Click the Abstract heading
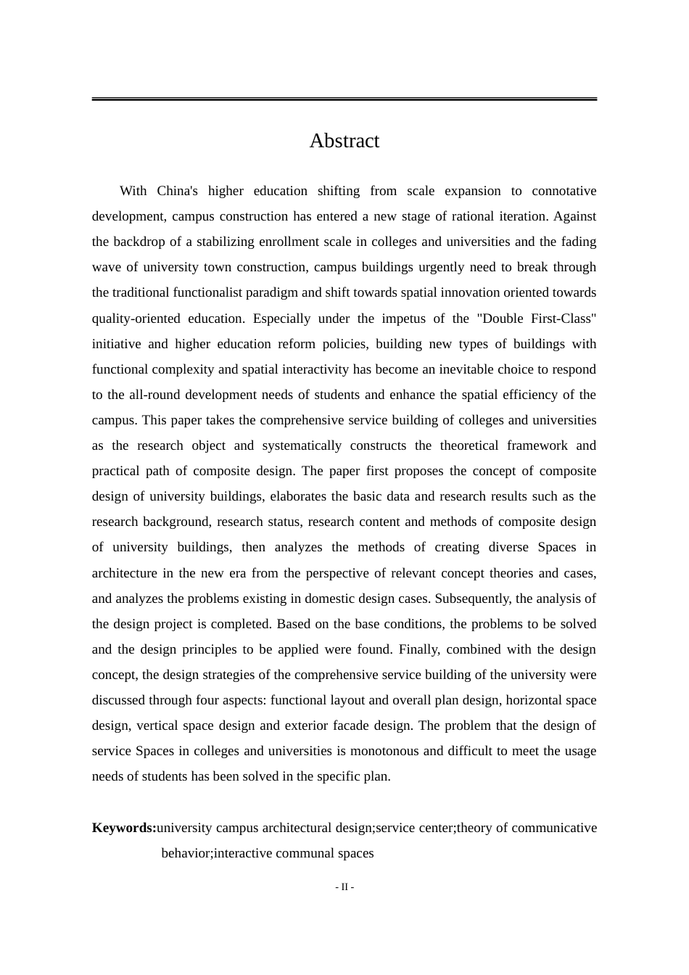(x=344, y=141)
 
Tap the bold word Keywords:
(x=124, y=828)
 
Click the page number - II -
(x=344, y=886)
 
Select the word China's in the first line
(x=178, y=191)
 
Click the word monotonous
(x=386, y=751)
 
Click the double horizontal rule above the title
(x=344, y=99)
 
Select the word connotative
(x=564, y=191)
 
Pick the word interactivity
(x=313, y=369)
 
